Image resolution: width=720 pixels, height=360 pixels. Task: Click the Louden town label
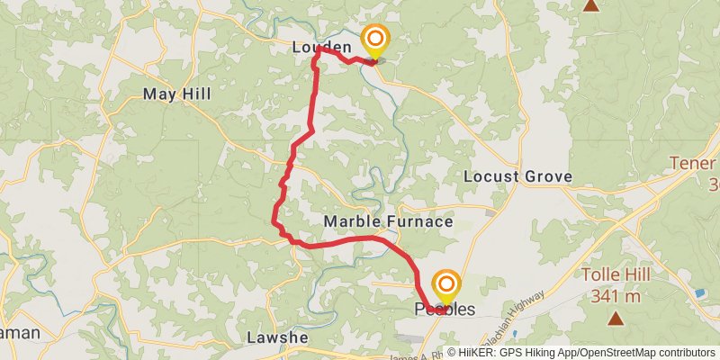321,46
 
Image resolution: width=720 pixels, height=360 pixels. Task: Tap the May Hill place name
177,94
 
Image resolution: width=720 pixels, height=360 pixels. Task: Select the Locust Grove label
517,176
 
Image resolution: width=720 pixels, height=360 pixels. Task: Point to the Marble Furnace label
388,220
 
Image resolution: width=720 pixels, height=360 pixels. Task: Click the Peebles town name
445,310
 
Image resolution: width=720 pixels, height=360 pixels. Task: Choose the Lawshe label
277,337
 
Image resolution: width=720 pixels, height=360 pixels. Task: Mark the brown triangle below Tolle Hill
616,317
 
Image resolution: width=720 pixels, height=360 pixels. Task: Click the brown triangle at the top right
590,5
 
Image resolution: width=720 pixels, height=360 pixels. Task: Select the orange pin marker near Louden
373,40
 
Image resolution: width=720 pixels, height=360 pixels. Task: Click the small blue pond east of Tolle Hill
700,293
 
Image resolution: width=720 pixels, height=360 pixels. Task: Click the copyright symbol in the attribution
451,352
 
